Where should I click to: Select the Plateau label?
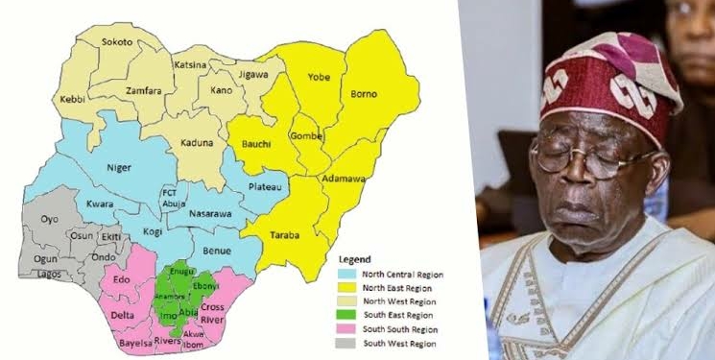pos(263,188)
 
